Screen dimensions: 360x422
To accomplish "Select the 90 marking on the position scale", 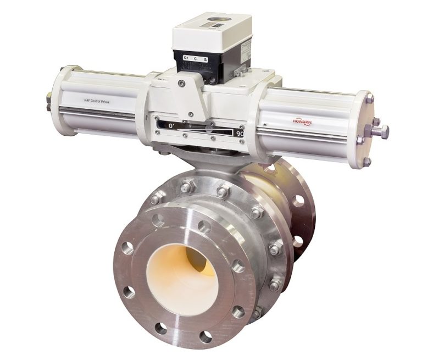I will click(x=240, y=132).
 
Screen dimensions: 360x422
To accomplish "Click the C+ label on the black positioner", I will click(x=186, y=57).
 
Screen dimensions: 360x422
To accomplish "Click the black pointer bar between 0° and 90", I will click(x=203, y=130).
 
